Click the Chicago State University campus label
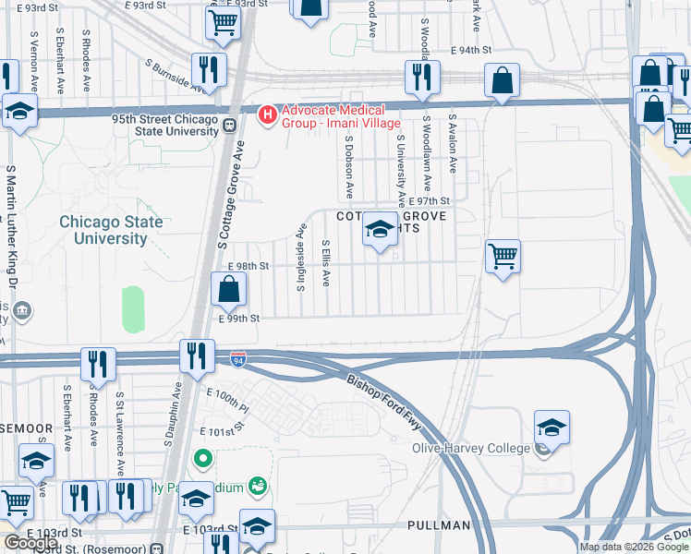(111, 230)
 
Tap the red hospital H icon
(268, 115)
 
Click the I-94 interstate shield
(238, 355)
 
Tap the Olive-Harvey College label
(472, 449)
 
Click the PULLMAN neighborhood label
(439, 525)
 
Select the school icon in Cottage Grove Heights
(379, 229)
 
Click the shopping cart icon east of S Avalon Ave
(503, 255)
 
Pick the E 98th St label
(248, 266)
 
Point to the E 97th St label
(430, 200)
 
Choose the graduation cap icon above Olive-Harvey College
(552, 428)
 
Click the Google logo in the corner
(31, 542)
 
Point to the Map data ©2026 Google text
(634, 547)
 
